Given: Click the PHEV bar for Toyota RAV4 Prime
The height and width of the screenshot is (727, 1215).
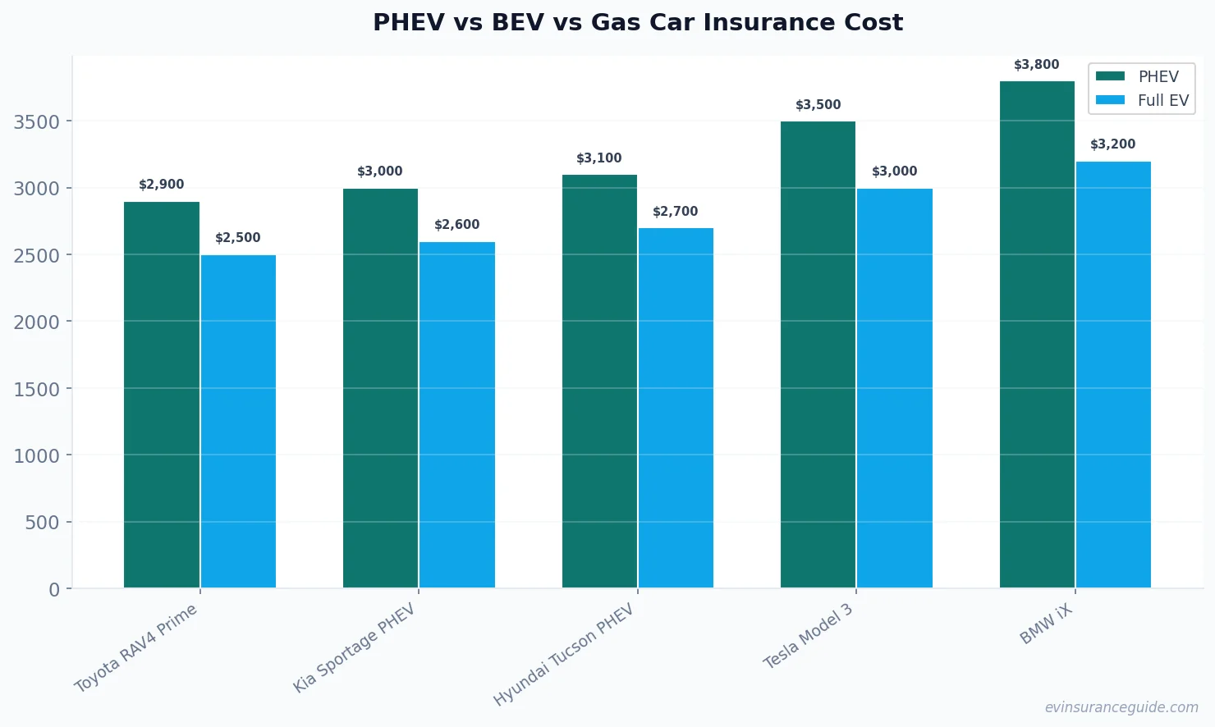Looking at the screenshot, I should click(162, 395).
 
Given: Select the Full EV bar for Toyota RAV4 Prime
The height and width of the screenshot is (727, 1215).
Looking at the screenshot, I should click(238, 422).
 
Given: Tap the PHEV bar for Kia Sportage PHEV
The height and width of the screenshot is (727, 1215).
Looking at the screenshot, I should click(380, 388).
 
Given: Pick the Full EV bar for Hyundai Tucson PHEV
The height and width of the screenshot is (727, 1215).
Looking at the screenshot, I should click(676, 408).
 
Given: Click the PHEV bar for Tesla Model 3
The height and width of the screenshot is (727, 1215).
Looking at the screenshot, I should click(818, 354).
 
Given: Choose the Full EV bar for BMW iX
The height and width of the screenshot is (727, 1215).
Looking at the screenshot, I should click(1113, 375).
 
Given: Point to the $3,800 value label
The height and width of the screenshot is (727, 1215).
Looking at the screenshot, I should click(1036, 65).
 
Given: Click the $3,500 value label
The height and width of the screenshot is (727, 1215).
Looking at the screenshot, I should click(818, 105).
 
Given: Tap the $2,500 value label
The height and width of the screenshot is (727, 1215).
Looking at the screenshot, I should click(238, 238).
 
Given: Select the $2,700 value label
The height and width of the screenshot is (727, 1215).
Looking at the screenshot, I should click(676, 212).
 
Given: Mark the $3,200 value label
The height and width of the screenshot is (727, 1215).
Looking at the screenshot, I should click(1113, 144).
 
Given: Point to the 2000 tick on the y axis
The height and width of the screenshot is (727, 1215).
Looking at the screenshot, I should click(37, 322).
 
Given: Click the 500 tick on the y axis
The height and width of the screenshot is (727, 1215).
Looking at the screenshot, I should click(42, 523).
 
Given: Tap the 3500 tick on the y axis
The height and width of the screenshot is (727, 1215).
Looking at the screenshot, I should click(37, 122).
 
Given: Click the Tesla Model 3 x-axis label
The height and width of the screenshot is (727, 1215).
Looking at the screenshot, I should click(809, 637).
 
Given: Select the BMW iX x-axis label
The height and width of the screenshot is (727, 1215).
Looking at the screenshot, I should click(1046, 624).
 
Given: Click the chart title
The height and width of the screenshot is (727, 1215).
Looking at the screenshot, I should click(638, 22).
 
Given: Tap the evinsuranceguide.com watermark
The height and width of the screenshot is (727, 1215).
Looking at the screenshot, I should click(1121, 707).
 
